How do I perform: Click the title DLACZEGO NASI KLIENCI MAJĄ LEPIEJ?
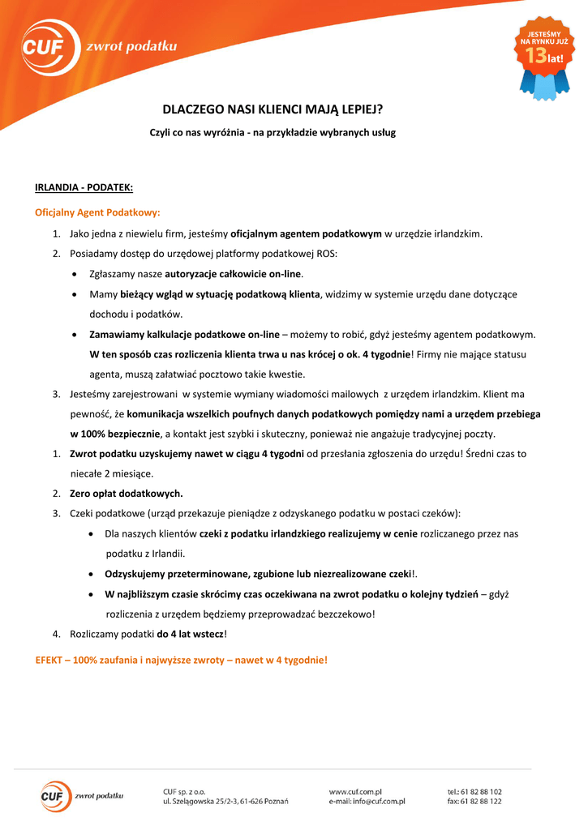pyautogui.click(x=273, y=109)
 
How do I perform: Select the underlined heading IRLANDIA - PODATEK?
pyautogui.click(x=84, y=188)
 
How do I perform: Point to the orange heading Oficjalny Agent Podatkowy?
pyautogui.click(x=97, y=212)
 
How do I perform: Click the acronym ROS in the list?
pyautogui.click(x=326, y=254)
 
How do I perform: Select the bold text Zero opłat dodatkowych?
pyautogui.click(x=127, y=493)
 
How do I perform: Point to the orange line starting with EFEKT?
pyautogui.click(x=182, y=660)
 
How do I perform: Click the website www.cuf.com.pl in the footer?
pyautogui.click(x=355, y=791)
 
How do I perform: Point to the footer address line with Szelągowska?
pyautogui.click(x=225, y=802)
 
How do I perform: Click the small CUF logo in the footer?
pyautogui.click(x=57, y=795)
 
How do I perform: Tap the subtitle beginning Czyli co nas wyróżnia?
pyautogui.click(x=273, y=132)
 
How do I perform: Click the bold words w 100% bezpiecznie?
pyautogui.click(x=115, y=434)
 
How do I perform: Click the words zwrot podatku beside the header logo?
pyautogui.click(x=131, y=47)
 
